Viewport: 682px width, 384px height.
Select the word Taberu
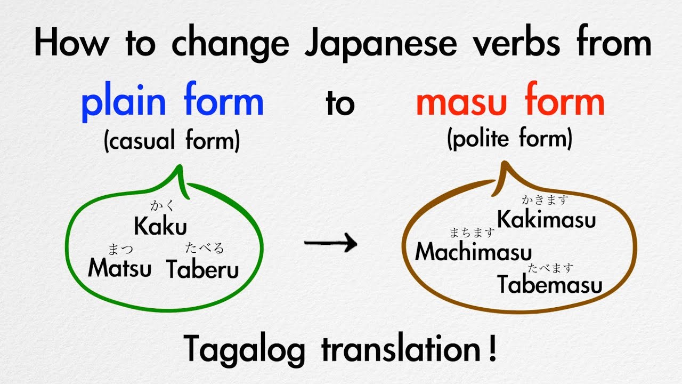coord(202,269)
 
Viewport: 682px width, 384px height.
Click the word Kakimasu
coord(546,220)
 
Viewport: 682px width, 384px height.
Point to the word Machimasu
coord(473,251)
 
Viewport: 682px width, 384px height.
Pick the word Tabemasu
coord(550,285)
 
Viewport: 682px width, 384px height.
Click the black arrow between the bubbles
coord(330,244)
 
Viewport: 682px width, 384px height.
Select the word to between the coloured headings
coord(340,104)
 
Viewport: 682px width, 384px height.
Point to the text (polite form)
coord(510,139)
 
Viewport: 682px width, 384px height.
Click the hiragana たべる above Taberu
coord(204,247)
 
